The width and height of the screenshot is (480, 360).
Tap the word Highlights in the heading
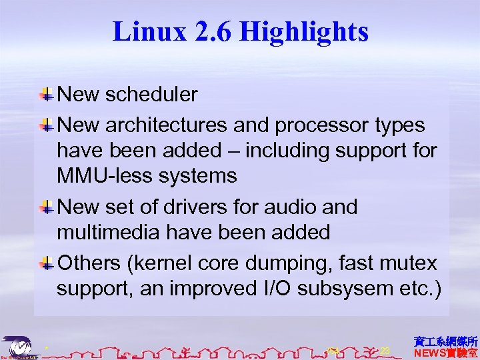[304, 31]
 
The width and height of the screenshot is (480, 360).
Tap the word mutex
[410, 263]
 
